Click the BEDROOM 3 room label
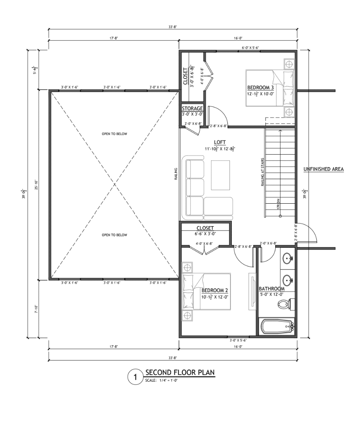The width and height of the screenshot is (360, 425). [x=260, y=88]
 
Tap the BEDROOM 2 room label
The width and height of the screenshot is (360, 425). [x=215, y=290]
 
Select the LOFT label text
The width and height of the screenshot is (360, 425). [x=220, y=142]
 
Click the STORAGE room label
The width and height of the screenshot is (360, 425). [x=192, y=108]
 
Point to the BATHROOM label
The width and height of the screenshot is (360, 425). [x=272, y=289]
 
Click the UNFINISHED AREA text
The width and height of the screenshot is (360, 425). [x=323, y=169]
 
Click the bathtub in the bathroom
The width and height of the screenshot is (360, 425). [x=277, y=327]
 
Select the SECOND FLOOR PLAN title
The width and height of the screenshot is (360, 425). [x=180, y=372]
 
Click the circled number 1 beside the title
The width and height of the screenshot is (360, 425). [x=135, y=377]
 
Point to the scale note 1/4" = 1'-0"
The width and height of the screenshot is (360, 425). [x=168, y=380]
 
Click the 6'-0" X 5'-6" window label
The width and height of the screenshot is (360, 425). [x=250, y=48]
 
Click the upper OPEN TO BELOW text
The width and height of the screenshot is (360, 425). [x=115, y=134]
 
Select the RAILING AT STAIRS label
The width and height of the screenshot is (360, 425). [x=262, y=172]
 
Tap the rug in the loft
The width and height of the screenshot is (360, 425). [x=221, y=175]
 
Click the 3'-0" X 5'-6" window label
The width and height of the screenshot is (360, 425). [x=238, y=340]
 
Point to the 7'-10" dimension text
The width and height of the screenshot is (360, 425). [x=36, y=309]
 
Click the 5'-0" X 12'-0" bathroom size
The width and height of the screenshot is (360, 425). [x=272, y=294]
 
